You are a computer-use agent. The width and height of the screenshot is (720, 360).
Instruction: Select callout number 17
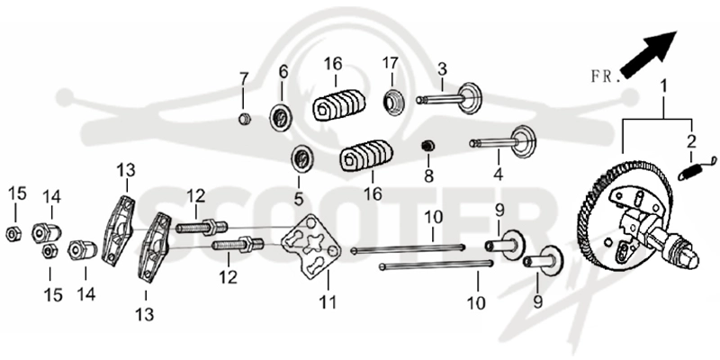point(391,63)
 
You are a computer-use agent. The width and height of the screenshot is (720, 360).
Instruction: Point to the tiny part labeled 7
point(245,120)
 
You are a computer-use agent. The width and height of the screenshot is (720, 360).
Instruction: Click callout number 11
point(328,301)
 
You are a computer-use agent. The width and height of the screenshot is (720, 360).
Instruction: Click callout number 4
point(499,174)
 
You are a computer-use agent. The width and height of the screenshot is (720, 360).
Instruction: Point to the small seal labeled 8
point(428,146)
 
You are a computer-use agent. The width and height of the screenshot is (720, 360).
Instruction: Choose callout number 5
point(299,199)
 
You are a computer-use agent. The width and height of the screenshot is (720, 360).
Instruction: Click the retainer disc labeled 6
point(280,118)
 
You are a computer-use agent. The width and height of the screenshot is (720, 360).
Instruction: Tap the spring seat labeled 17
point(393,103)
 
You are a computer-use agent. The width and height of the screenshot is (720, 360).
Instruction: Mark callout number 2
point(691,142)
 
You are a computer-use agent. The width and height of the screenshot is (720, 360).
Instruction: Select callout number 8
point(428,175)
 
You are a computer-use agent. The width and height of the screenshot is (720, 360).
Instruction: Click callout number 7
point(243,79)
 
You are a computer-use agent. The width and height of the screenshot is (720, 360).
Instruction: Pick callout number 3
point(442,70)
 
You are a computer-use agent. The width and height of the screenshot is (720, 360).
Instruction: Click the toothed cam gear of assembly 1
point(625,216)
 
